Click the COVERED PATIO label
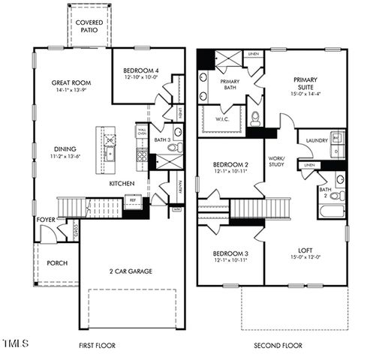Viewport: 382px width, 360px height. [x=89, y=27]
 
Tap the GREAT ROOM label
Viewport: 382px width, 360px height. [x=71, y=82]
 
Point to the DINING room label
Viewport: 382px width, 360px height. [x=67, y=148]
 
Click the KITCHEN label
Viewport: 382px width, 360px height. [x=122, y=183]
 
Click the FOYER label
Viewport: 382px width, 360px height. [x=46, y=220]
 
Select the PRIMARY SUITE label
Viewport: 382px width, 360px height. [x=306, y=82]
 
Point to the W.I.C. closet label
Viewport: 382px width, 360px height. [x=223, y=118]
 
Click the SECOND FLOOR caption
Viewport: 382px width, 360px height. [x=277, y=346]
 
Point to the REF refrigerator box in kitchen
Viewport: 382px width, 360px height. [x=133, y=200]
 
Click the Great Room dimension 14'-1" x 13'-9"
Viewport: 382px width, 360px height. [x=71, y=90]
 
